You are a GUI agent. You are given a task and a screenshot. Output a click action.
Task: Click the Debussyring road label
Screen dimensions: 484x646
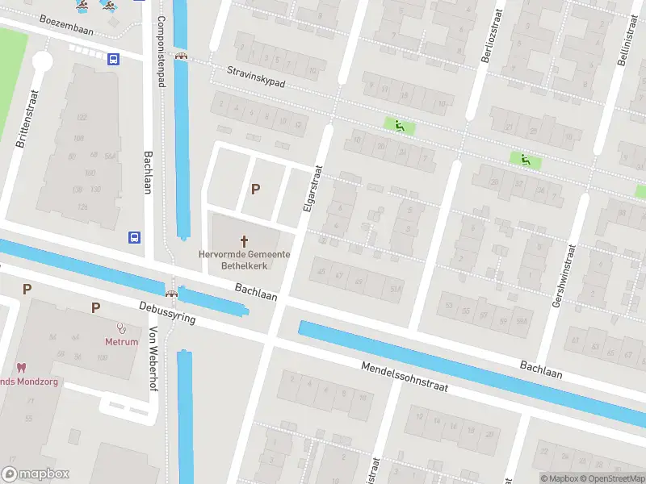[x=167, y=312]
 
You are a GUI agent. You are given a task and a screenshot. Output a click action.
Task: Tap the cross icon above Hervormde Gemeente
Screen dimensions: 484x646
[x=245, y=240]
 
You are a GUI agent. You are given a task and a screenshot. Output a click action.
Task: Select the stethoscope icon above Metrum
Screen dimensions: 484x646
[x=122, y=328]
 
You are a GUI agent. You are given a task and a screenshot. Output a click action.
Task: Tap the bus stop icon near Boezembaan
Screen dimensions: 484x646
[x=113, y=58]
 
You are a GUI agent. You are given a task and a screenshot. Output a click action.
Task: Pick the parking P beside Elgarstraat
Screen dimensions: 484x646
[x=256, y=190]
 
